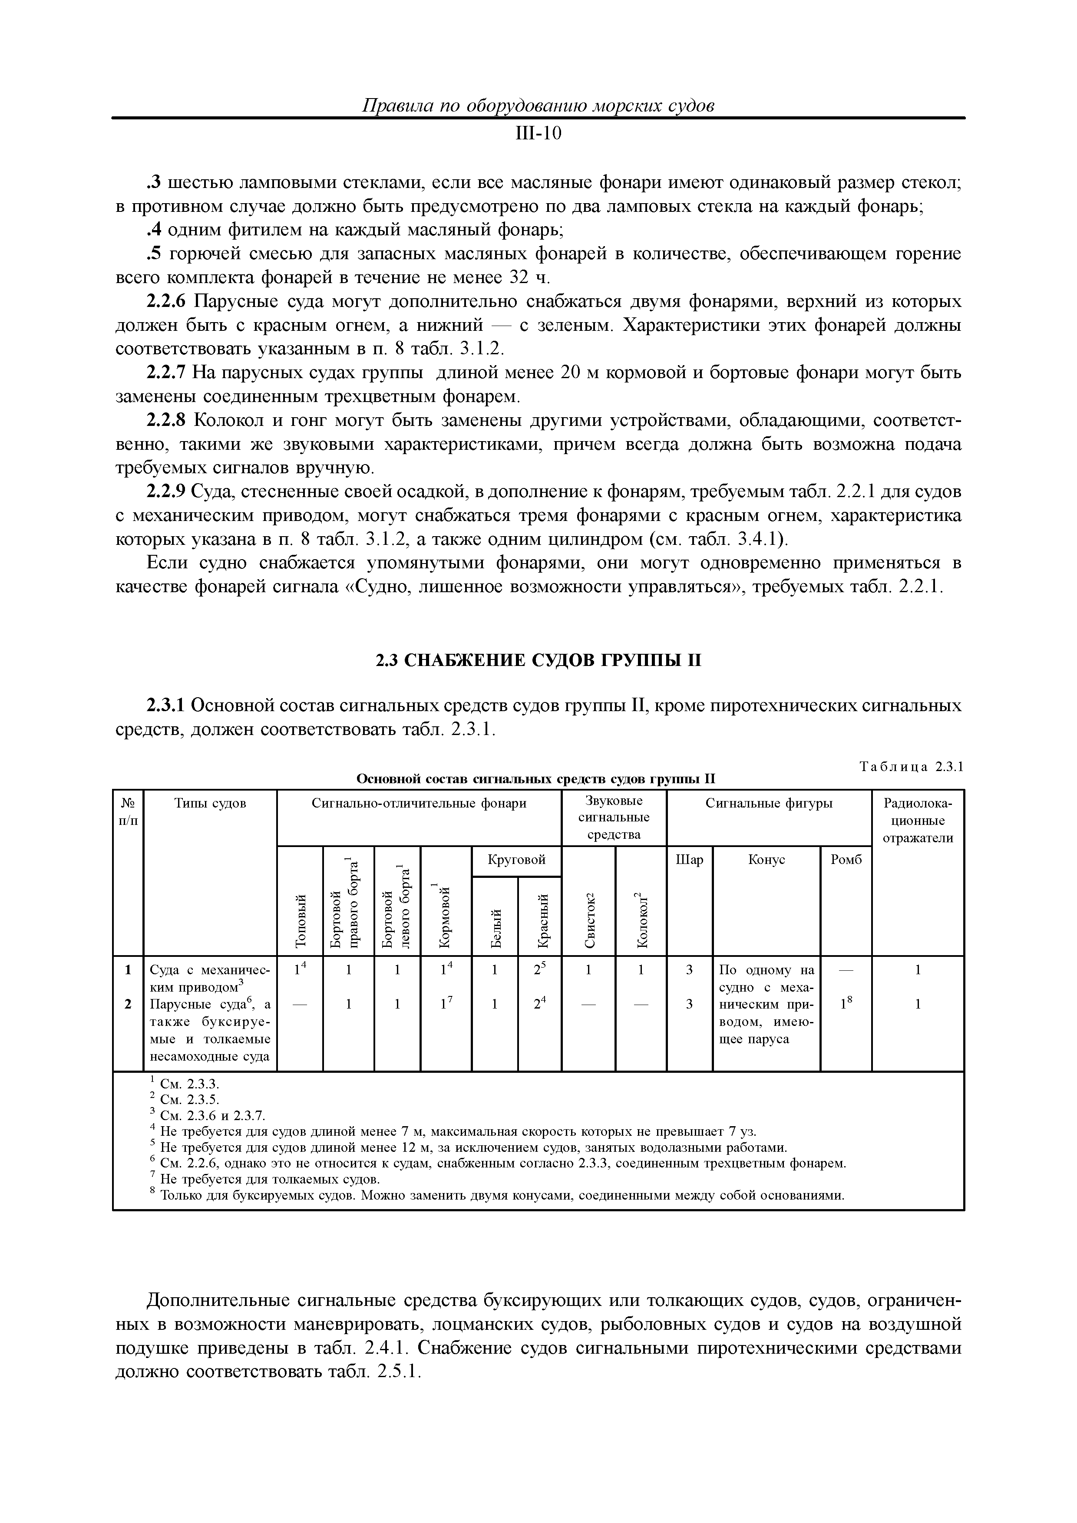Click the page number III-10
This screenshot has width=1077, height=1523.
(538, 134)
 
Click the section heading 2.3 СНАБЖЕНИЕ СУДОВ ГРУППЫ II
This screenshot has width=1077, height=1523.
(538, 661)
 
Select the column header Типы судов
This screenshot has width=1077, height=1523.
(210, 803)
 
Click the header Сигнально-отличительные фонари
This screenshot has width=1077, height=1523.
(419, 803)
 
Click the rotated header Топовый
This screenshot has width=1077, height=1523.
(300, 920)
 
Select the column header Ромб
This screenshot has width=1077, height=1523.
(846, 860)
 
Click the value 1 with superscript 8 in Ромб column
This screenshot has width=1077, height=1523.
(846, 1004)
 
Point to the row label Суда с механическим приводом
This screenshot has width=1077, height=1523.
(210, 978)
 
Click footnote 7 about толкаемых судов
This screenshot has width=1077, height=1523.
(269, 1180)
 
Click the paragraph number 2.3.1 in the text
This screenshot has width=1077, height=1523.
(167, 705)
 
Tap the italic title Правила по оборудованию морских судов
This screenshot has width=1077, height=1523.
(538, 105)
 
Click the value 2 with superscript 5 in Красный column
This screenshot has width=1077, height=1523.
(539, 970)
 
